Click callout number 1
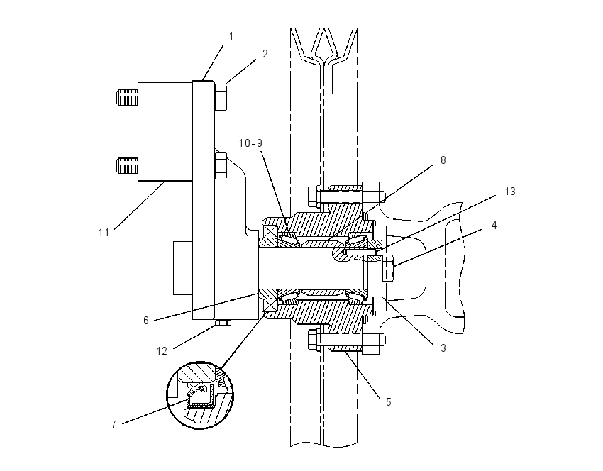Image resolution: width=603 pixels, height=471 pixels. pyautogui.click(x=231, y=36)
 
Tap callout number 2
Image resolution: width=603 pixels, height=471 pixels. pyautogui.click(x=265, y=54)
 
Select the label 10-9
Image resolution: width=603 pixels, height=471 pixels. pyautogui.click(x=250, y=143)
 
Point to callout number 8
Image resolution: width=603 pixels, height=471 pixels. pyautogui.click(x=443, y=160)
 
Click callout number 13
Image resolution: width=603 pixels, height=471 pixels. pyautogui.click(x=510, y=191)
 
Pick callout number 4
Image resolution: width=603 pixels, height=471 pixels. pyautogui.click(x=494, y=226)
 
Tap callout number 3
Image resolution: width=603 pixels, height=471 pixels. pyautogui.click(x=443, y=348)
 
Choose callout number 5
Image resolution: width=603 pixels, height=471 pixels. pyautogui.click(x=389, y=401)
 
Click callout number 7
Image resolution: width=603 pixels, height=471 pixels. pyautogui.click(x=114, y=424)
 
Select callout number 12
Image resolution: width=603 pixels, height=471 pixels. pyautogui.click(x=162, y=350)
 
